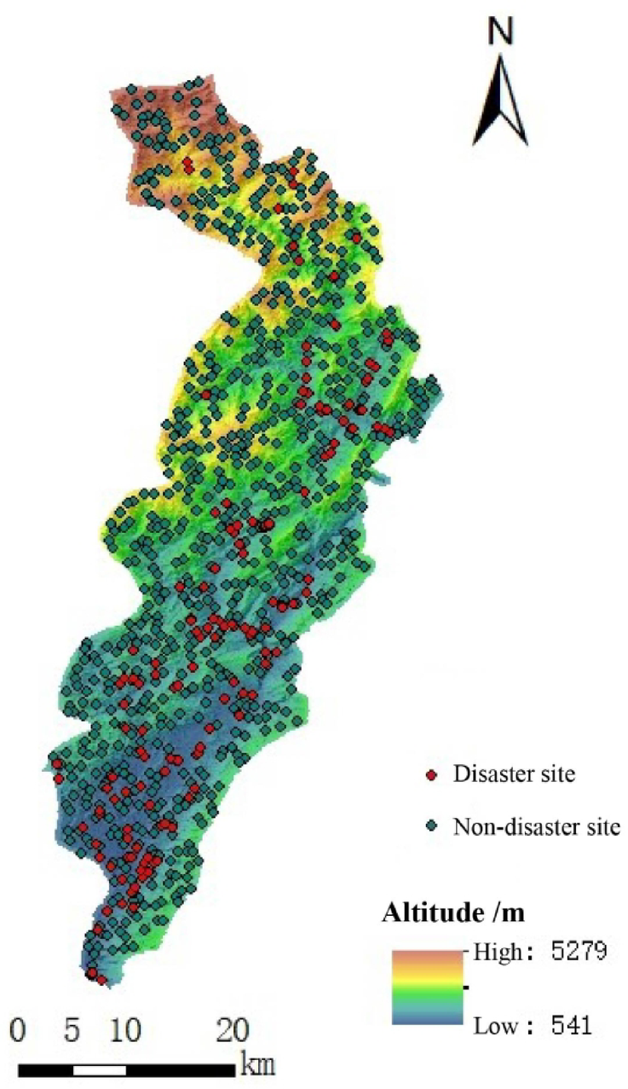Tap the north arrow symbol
coord(501,101)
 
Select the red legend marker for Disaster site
coord(431,775)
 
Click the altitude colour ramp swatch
coord(427,987)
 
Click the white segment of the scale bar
coord(99,1069)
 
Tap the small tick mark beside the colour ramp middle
coord(466,988)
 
